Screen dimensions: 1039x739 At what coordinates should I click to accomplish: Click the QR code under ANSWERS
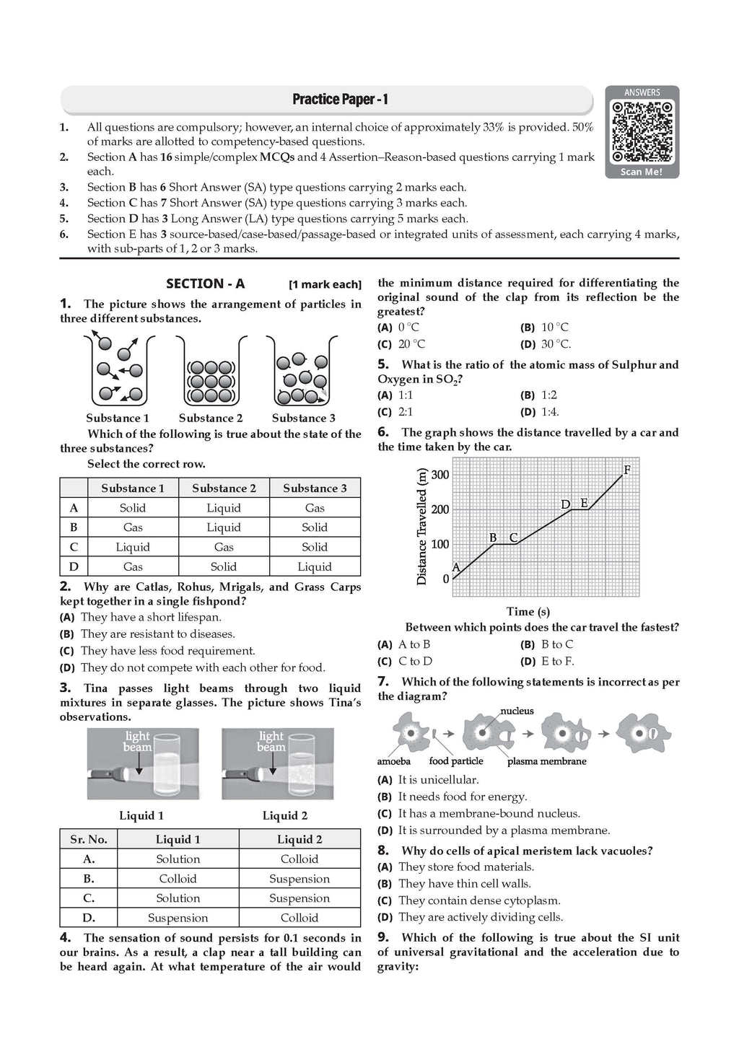pos(642,132)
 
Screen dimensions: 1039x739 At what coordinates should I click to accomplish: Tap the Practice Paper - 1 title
pos(340,100)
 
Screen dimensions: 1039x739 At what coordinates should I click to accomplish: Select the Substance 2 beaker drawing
pos(211,372)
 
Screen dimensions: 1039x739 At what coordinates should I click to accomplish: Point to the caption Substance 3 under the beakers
pos(303,418)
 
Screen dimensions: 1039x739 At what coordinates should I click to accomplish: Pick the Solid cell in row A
pos(133,508)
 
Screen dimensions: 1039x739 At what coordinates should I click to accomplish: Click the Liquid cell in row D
pos(315,566)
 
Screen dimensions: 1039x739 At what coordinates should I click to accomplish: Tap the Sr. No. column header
pos(89,839)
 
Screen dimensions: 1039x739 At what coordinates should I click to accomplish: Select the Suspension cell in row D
pos(178,918)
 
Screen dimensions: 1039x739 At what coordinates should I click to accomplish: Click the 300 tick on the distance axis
pos(440,475)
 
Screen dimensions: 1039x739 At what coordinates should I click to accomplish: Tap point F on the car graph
pos(626,470)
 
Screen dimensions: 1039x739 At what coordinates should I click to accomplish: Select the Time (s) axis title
pos(528,611)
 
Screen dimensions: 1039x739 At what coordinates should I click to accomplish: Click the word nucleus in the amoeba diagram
pos(517,711)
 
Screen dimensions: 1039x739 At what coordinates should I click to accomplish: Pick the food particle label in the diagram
pos(456,760)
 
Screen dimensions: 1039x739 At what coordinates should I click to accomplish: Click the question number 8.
pos(383,850)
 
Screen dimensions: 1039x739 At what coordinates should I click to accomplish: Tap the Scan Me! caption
pos(642,172)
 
